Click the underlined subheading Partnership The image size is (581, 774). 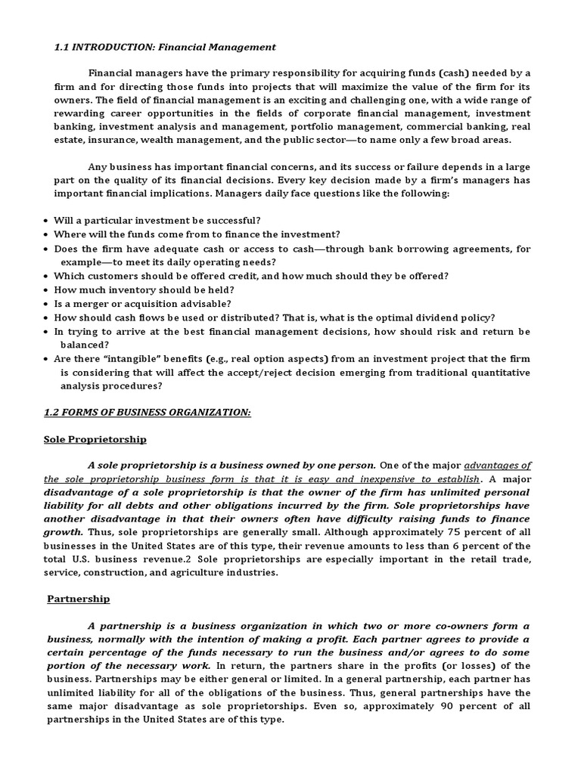pyautogui.click(x=78, y=599)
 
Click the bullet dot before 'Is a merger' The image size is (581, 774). pyautogui.click(x=47, y=304)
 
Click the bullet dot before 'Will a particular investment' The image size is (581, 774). pyautogui.click(x=47, y=221)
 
